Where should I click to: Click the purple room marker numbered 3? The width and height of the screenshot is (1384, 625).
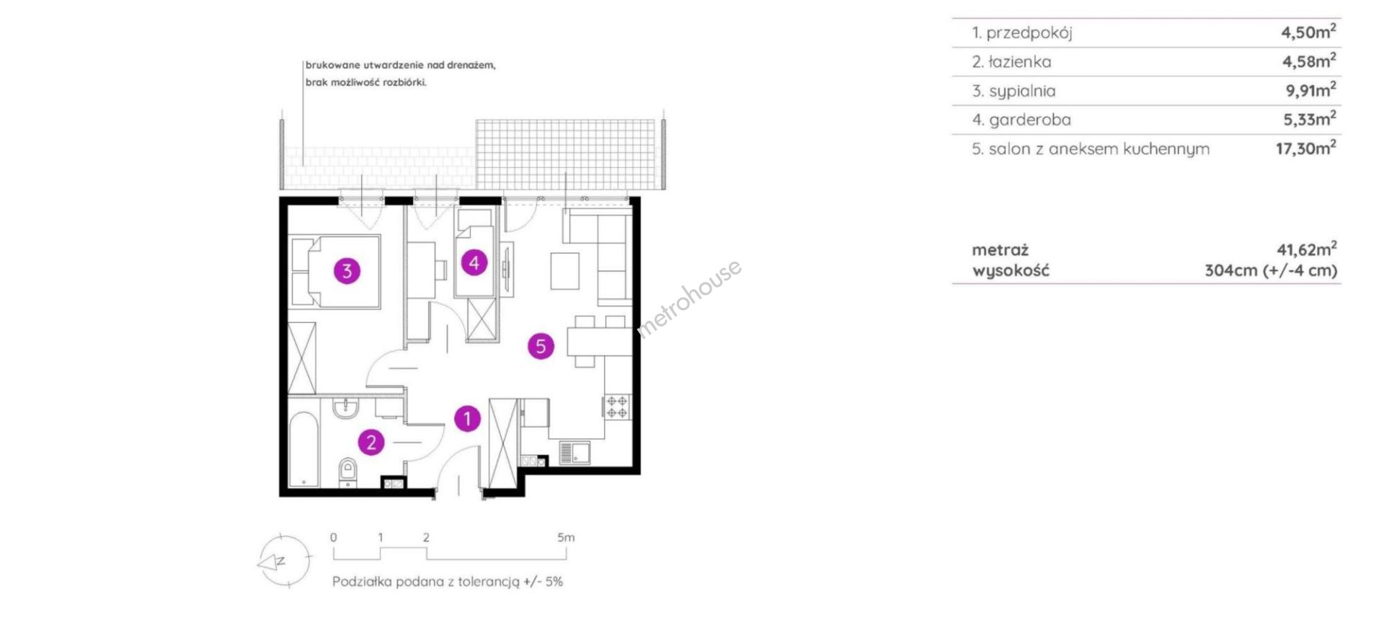click(347, 271)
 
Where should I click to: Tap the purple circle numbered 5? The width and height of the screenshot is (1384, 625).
click(541, 346)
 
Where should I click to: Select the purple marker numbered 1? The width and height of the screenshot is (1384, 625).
click(467, 418)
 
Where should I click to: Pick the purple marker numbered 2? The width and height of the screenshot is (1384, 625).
click(371, 442)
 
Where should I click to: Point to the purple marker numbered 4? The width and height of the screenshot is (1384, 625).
click(474, 263)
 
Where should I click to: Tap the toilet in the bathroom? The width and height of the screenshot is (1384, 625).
click(347, 471)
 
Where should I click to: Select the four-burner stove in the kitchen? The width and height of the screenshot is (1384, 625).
click(617, 407)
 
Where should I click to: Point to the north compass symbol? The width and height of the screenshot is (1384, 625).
click(284, 562)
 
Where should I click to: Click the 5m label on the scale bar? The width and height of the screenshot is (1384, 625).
click(566, 537)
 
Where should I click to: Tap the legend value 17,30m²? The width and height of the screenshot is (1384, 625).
click(1305, 149)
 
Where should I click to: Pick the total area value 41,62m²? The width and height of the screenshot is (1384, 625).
click(1306, 249)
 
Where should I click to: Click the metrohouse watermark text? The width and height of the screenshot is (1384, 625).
click(689, 298)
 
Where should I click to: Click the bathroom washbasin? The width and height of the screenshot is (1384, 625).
click(347, 407)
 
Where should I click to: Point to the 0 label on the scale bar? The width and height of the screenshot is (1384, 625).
click(333, 537)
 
